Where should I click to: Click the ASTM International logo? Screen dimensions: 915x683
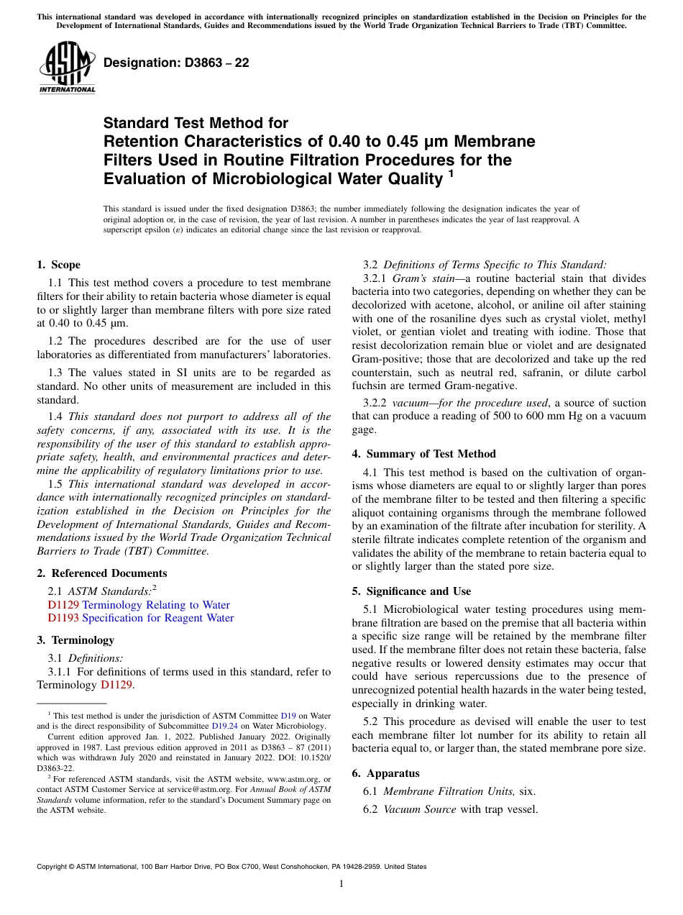(x=66, y=68)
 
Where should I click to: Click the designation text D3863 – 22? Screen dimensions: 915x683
(x=176, y=63)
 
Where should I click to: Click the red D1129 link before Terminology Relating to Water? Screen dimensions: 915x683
(x=63, y=605)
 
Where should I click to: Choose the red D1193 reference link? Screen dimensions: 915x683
(x=63, y=618)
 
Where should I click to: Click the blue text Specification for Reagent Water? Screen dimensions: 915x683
(x=158, y=618)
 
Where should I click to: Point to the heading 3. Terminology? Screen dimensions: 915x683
(x=75, y=640)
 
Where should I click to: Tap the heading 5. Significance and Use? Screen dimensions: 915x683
(x=411, y=591)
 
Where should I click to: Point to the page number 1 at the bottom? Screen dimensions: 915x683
(x=341, y=883)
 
